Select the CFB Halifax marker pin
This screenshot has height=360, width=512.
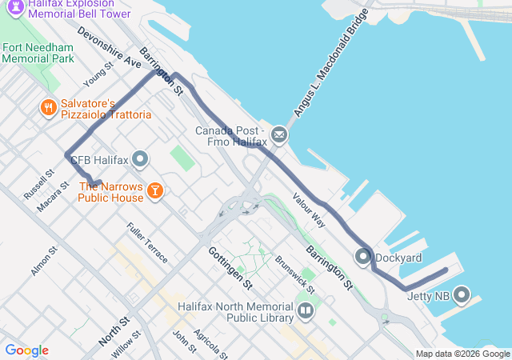[141, 160]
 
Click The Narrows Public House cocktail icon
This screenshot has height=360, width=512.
[154, 190]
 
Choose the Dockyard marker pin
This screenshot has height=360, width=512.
[362, 257]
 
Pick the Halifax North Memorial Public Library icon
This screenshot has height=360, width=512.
[305, 310]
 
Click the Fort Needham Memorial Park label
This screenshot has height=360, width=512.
[38, 53]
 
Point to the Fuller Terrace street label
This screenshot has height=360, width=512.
[147, 242]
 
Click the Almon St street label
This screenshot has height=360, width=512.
[44, 262]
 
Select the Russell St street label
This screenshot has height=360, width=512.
[38, 184]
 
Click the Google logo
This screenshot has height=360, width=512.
[26, 350]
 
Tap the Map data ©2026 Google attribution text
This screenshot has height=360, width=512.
[462, 354]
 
